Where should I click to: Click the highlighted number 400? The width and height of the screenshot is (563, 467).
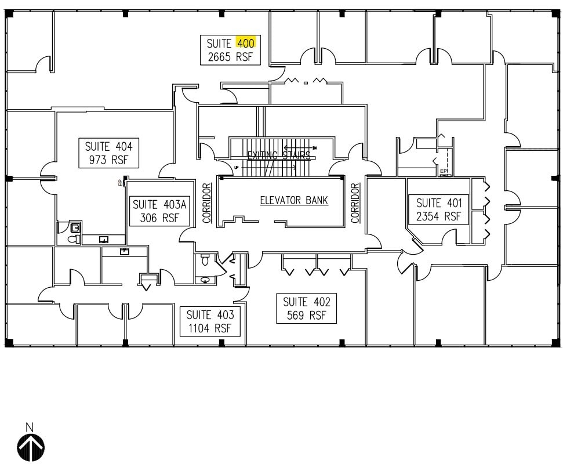point(245,43)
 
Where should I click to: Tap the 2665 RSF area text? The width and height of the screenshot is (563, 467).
point(230,57)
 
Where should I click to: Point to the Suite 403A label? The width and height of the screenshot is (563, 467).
point(155,204)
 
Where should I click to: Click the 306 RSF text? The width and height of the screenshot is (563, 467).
point(155,218)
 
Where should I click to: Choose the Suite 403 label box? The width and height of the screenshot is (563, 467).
point(210,321)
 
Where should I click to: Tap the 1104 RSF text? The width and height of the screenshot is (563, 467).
point(210,328)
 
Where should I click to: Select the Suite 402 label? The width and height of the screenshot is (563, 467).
point(306,302)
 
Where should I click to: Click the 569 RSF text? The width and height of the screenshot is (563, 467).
point(306,316)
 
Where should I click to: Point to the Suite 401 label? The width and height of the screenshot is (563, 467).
point(439,203)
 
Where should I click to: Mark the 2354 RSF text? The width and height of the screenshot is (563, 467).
point(439,216)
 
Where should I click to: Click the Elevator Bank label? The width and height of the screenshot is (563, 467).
point(293,201)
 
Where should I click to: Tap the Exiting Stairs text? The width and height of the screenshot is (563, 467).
point(278,155)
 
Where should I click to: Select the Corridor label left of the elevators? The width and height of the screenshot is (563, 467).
point(206,203)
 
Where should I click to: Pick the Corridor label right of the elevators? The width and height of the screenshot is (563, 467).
point(355,203)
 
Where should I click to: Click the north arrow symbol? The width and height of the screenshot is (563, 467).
point(30,448)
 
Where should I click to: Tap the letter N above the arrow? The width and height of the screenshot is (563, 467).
point(30,428)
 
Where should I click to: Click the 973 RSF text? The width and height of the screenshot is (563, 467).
point(108,160)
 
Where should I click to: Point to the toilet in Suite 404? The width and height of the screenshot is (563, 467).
point(74,238)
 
